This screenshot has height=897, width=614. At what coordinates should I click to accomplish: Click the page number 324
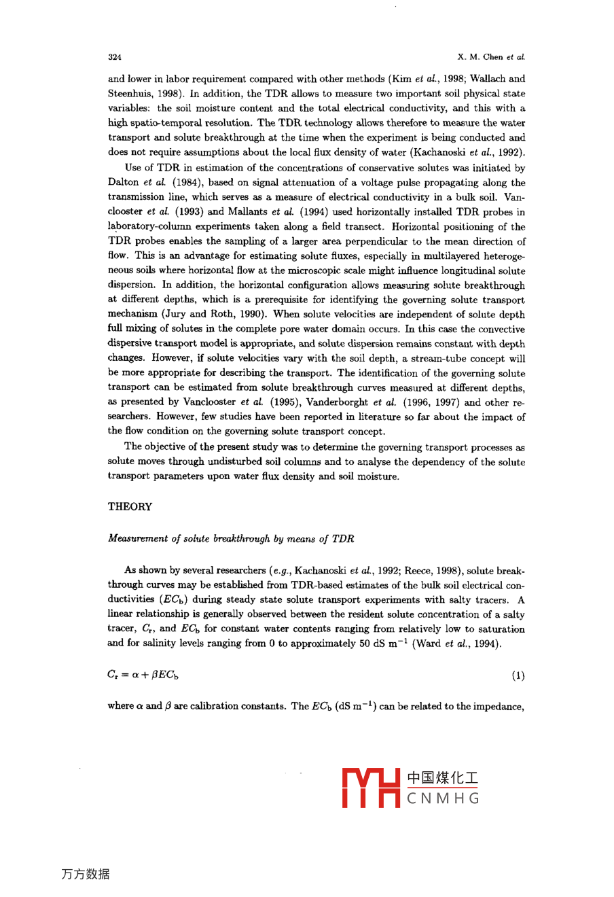point(114,57)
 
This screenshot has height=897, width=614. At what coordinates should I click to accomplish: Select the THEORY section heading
point(130,506)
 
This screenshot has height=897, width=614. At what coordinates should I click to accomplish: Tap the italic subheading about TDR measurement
point(231,539)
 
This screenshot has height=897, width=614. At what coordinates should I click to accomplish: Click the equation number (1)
point(518,676)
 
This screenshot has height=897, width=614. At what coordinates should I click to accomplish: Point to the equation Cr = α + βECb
point(143,675)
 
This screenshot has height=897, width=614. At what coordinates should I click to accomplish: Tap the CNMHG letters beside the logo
point(444,798)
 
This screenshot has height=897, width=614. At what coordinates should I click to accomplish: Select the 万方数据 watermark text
point(86,874)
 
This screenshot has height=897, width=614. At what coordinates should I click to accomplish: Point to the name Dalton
point(123,183)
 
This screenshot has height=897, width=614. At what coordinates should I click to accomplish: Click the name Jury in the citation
point(173,315)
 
